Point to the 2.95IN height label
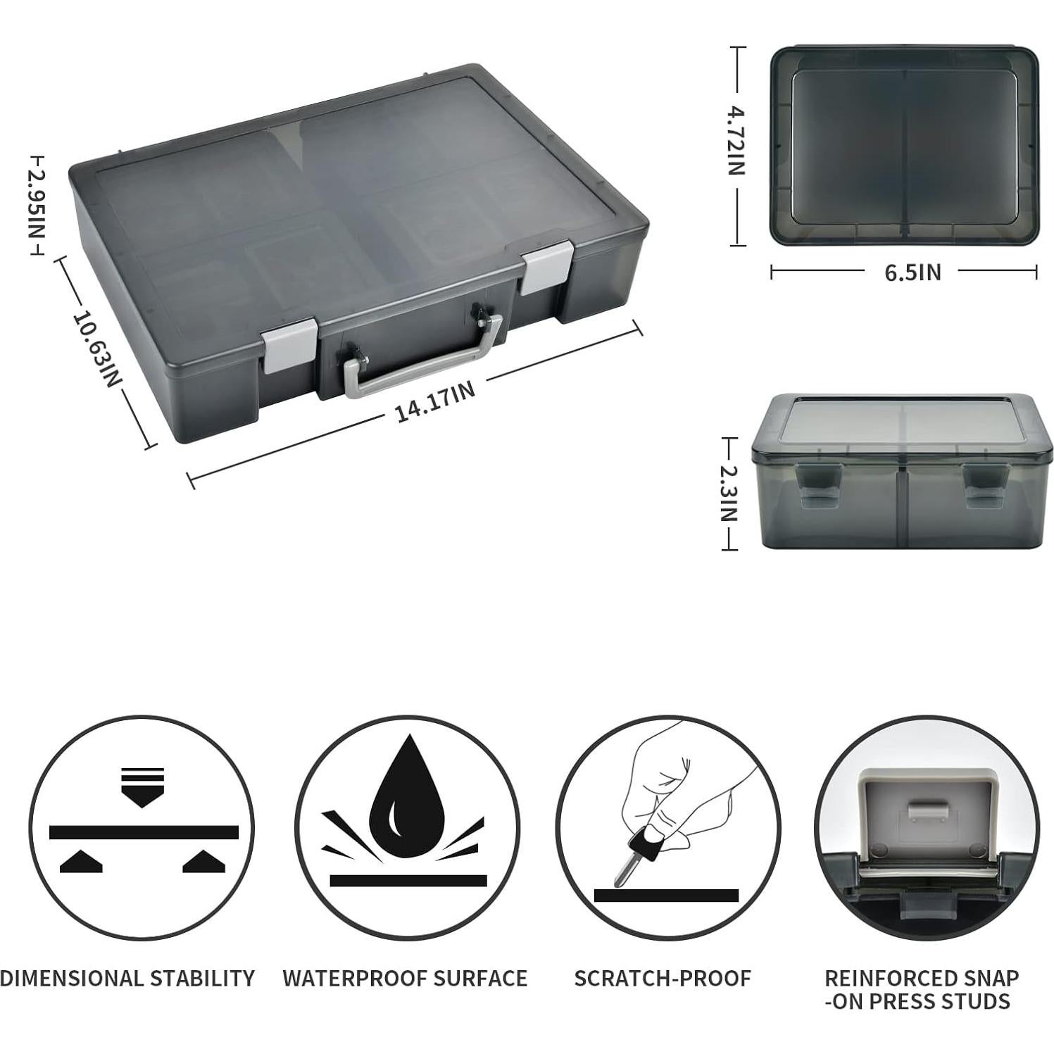pos(35,206)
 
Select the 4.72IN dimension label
pos(736,140)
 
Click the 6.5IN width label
pos(912,272)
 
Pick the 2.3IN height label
pos(729,494)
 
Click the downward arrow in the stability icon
pos(143,787)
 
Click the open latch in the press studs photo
pos(927,813)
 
